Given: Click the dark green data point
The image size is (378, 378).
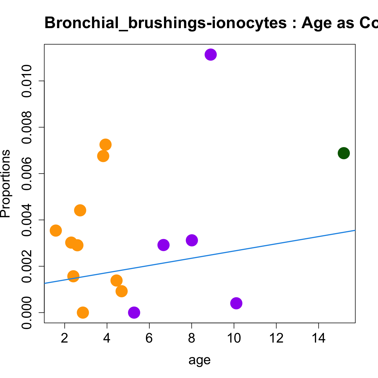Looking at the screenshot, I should [x=344, y=153].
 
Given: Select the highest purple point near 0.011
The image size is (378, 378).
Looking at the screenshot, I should [x=211, y=54].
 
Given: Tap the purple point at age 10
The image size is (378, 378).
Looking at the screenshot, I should [x=236, y=303].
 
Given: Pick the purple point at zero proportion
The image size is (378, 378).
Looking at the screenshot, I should [x=134, y=312].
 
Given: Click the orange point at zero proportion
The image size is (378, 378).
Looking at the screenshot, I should [x=83, y=312].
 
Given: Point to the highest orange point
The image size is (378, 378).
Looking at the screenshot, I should [x=105, y=145].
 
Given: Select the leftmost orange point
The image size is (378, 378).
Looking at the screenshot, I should [x=56, y=231].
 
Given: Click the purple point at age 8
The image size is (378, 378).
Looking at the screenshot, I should [x=192, y=240].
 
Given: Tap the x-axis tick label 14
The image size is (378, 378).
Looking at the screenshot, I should [x=319, y=338].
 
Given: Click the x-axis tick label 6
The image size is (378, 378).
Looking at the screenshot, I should [x=149, y=338].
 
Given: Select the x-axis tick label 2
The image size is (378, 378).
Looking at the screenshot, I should [x=65, y=338].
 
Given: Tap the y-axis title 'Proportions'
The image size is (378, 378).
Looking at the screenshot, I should [x=6, y=183].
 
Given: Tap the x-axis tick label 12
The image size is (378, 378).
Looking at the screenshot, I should [x=276, y=338].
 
